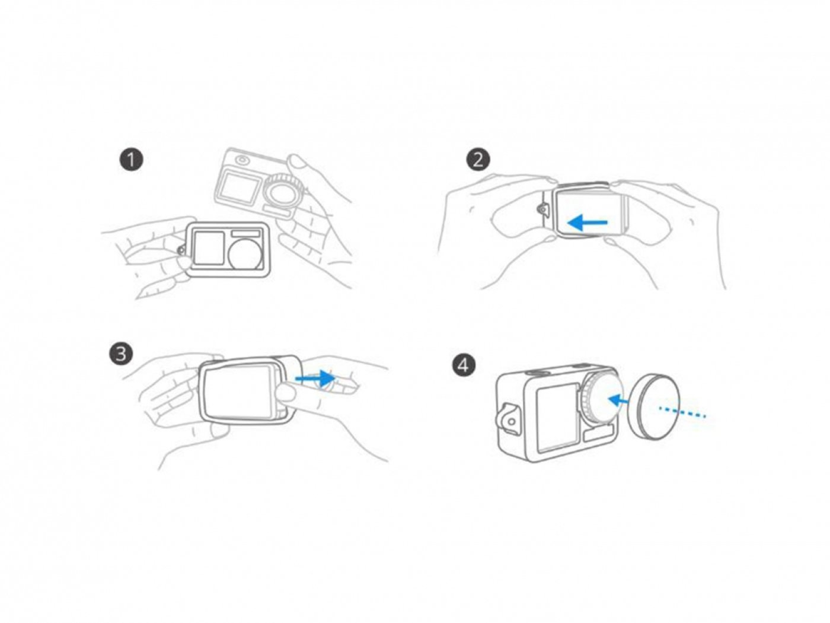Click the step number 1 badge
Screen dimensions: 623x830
tap(131, 160)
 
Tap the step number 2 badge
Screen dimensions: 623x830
tap(478, 160)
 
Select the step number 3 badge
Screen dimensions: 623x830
tap(121, 354)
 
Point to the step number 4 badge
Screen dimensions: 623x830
tap(464, 364)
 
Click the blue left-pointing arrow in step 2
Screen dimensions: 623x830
tap(587, 223)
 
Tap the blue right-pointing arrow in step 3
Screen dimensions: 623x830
tap(314, 377)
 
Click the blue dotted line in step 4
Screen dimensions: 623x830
tap(682, 411)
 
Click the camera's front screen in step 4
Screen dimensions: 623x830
tap(557, 418)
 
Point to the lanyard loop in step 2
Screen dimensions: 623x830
tap(542, 208)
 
